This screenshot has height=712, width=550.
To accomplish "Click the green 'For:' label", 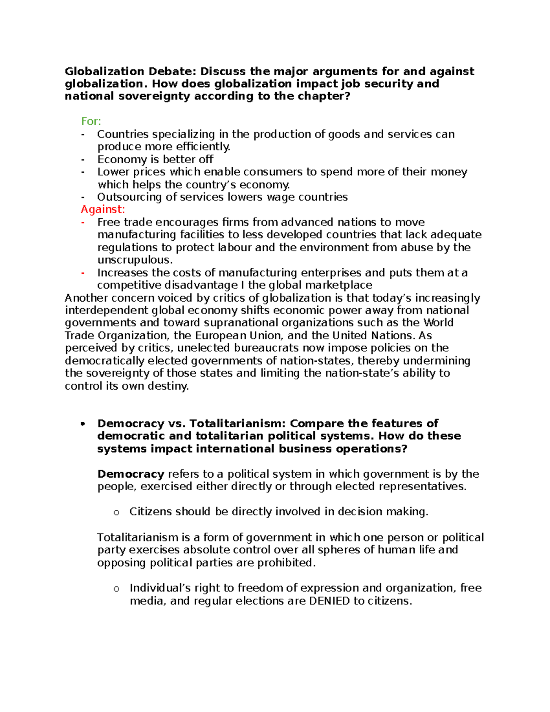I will pyautogui.click(x=91, y=121).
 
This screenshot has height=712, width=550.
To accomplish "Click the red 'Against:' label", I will pyautogui.click(x=103, y=210).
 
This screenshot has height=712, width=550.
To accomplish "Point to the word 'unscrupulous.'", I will pyautogui.click(x=135, y=260).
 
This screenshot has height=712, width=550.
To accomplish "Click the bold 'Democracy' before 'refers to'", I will pyautogui.click(x=131, y=474).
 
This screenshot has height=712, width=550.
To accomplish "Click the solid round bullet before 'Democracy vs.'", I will pyautogui.click(x=83, y=424).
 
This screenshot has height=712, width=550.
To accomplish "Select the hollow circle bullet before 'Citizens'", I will pyautogui.click(x=116, y=513).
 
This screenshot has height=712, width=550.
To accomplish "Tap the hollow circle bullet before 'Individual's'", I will pyautogui.click(x=116, y=589).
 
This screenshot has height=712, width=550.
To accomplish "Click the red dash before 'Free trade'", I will pyautogui.click(x=83, y=222).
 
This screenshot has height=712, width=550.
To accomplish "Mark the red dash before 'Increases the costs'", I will pyautogui.click(x=83, y=273).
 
